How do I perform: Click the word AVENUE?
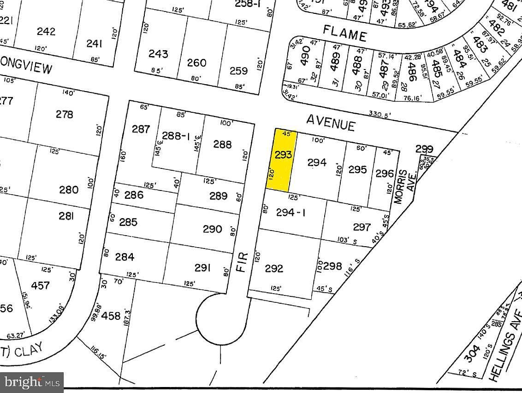point(331,122)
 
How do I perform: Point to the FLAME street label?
point(344,34)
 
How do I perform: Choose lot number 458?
point(111,316)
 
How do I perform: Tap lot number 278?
point(64,114)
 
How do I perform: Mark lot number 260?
point(196,62)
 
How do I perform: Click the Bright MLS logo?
point(32,381)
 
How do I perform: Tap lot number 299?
point(424,149)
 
